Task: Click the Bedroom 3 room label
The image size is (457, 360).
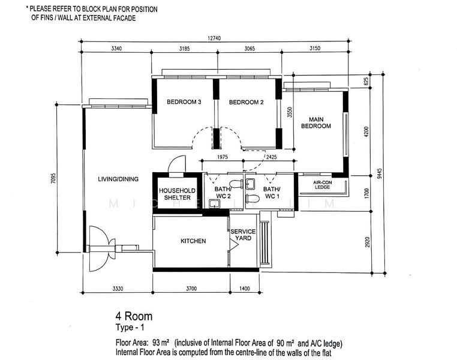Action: [184, 102]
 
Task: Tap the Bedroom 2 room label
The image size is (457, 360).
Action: [246, 102]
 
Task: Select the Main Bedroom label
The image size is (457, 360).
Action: [316, 123]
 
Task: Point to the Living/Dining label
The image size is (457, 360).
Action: [118, 179]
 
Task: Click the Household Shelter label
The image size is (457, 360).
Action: [177, 194]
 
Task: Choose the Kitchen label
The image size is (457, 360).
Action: [193, 241]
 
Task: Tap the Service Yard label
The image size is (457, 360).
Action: [243, 235]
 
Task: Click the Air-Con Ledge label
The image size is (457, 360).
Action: [322, 185]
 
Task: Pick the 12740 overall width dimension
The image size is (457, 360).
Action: [214, 38]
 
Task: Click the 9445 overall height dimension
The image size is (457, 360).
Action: [379, 174]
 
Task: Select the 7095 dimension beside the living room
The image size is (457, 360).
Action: [53, 178]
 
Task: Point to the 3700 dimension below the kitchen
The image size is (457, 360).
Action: [191, 289]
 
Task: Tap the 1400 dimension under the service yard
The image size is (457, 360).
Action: [245, 289]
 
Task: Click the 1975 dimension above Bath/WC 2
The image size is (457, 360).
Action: [223, 157]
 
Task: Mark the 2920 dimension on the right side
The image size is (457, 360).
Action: [367, 242]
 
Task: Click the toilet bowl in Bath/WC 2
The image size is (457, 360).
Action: [236, 184]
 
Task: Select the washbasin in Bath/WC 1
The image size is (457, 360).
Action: [250, 184]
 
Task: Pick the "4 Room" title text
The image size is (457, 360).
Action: [134, 316]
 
